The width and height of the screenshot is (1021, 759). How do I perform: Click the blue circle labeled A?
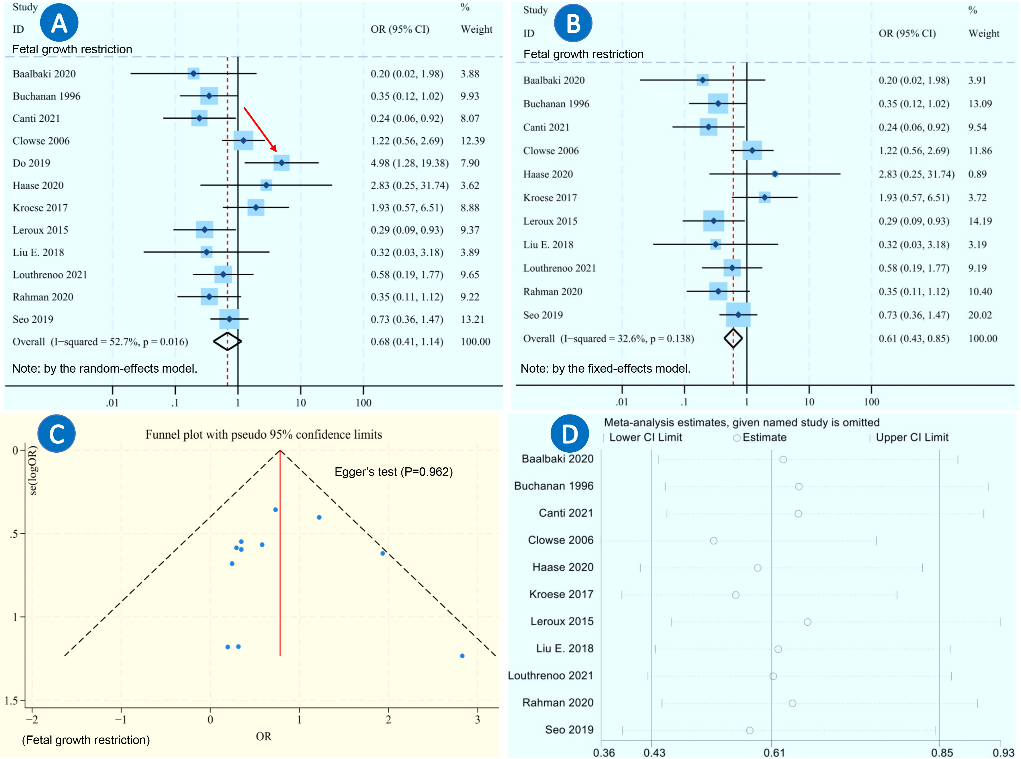(59, 22)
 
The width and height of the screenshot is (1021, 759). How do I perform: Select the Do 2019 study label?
(31, 163)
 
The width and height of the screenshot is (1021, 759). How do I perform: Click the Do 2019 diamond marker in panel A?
(281, 163)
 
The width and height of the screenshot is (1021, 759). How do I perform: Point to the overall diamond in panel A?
(227, 341)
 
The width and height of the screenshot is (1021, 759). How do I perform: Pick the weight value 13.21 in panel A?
(472, 319)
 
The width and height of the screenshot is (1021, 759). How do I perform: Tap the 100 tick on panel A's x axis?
(363, 403)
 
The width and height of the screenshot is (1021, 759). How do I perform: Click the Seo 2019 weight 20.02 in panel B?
(980, 315)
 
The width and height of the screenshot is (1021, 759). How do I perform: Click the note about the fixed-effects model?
(605, 369)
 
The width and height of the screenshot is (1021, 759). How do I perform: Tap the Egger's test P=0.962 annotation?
(394, 472)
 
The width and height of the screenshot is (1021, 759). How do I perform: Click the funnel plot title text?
(263, 435)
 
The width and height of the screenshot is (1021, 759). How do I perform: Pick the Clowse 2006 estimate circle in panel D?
(713, 541)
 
